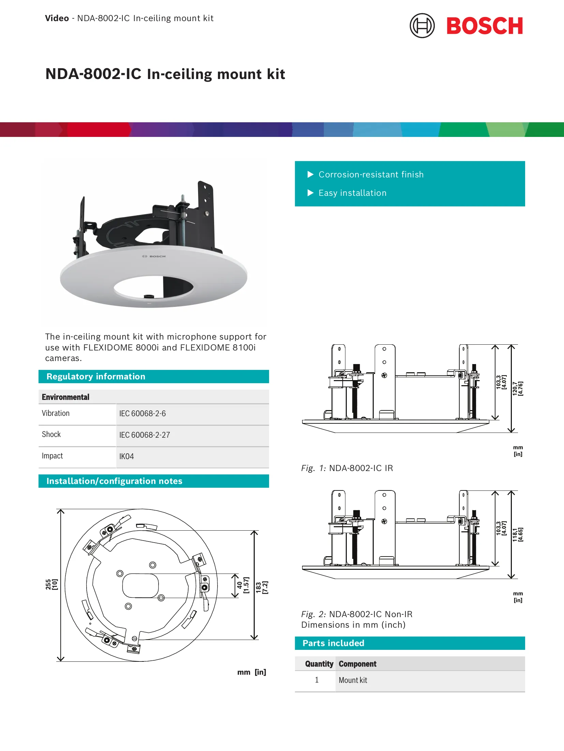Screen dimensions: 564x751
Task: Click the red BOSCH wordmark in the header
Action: pyautogui.click(x=485, y=26)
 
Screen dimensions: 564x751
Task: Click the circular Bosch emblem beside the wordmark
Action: pyautogui.click(x=422, y=26)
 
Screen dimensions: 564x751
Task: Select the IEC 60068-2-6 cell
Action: pyautogui.click(x=143, y=413)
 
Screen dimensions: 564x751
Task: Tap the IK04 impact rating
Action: pyautogui.click(x=127, y=456)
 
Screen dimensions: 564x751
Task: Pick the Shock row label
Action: pyautogui.click(x=51, y=434)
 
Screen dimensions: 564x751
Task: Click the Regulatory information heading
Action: pyautogui.click(x=96, y=376)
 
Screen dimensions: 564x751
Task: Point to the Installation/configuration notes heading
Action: pyautogui.click(x=114, y=481)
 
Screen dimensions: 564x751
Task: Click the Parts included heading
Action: pyautogui.click(x=333, y=643)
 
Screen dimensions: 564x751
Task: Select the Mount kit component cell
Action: pyautogui.click(x=353, y=680)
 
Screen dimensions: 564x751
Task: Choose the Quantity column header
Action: pyautogui.click(x=319, y=664)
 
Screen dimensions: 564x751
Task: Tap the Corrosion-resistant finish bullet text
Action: pyautogui.click(x=371, y=174)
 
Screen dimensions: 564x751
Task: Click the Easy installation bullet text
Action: pyautogui.click(x=353, y=193)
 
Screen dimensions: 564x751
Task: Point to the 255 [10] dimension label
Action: pyautogui.click(x=51, y=584)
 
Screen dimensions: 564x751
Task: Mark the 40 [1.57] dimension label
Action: pyautogui.click(x=243, y=585)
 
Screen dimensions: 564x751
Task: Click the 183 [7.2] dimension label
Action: pyautogui.click(x=262, y=588)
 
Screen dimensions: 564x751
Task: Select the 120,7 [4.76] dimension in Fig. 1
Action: pyautogui.click(x=518, y=388)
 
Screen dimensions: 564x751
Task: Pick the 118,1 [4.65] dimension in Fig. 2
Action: pyautogui.click(x=518, y=534)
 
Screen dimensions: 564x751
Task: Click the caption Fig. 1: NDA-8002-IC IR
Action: pyautogui.click(x=347, y=468)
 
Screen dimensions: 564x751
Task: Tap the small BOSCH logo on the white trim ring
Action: pyautogui.click(x=154, y=256)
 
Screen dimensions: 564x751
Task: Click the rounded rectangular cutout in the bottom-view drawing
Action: pyautogui.click(x=140, y=585)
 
